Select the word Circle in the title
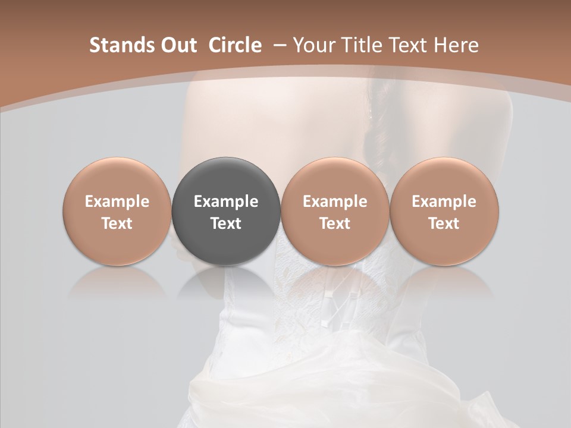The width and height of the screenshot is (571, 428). point(235,45)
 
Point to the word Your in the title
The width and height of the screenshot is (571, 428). point(313,45)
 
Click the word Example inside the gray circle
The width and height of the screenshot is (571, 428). point(226,202)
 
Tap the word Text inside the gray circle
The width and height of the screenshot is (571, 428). point(226,224)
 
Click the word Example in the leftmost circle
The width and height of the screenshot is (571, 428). point(117,202)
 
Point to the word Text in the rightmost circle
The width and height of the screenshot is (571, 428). point(444,224)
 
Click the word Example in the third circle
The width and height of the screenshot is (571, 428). point(335,202)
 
